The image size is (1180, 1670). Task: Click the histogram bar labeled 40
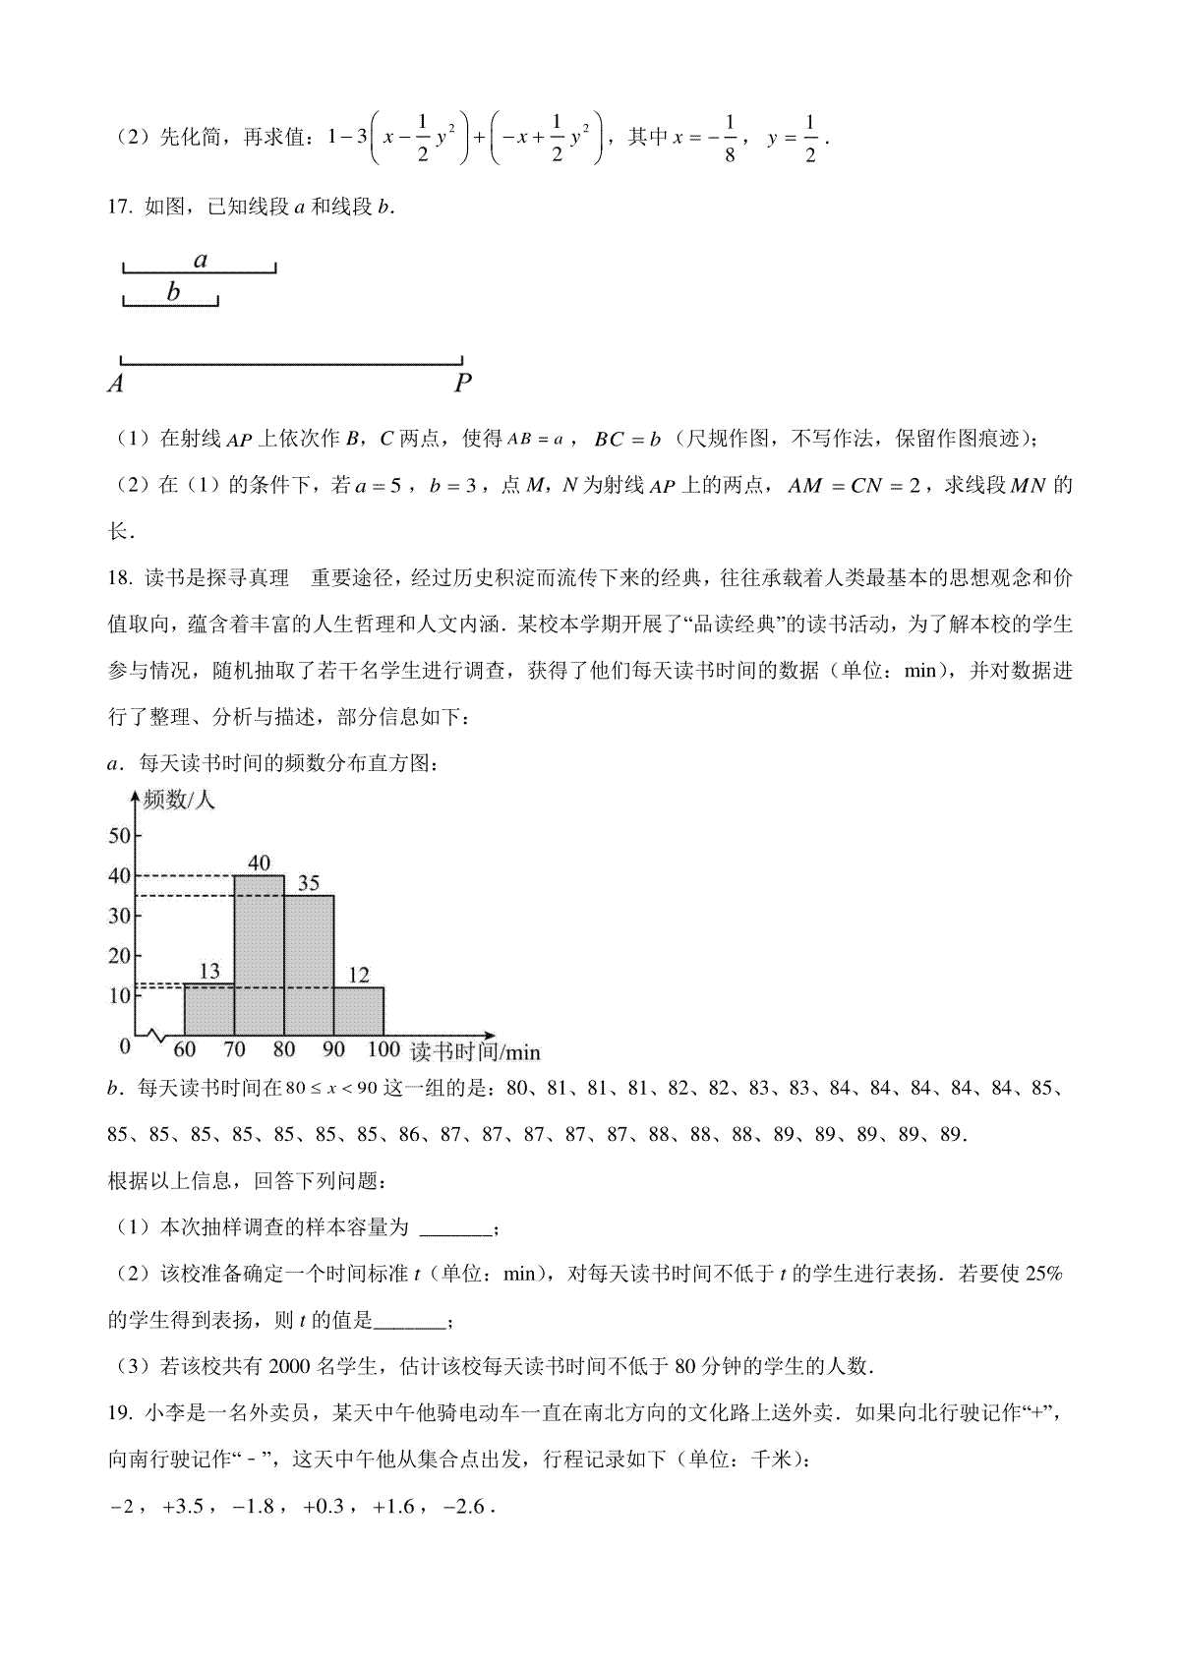point(259,954)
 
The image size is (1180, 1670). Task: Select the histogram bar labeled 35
point(309,964)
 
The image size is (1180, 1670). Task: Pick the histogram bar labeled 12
point(359,1011)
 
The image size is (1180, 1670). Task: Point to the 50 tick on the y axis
point(119,835)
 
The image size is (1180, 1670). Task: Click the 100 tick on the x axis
point(383,1049)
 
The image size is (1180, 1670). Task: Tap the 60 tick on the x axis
point(185,1049)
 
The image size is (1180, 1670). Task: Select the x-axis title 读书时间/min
point(475,1051)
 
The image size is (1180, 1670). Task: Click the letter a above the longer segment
point(201,260)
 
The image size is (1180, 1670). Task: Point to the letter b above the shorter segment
point(174,291)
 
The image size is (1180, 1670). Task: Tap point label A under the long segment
point(115,385)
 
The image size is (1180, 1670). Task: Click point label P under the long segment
point(462,385)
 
